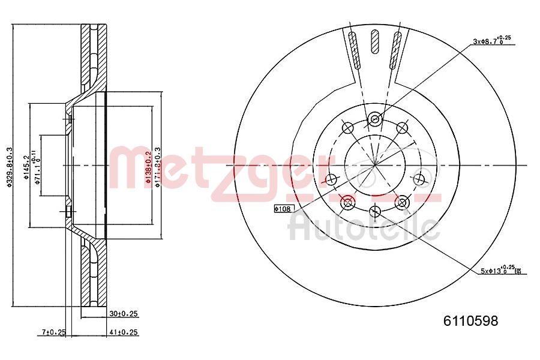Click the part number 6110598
(470, 321)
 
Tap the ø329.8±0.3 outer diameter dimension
(9, 167)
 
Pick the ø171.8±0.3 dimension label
(158, 167)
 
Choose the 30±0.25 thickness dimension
(124, 313)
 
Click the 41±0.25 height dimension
(124, 331)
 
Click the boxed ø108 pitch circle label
(282, 209)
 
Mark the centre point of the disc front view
(375, 165)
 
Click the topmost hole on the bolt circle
(375, 119)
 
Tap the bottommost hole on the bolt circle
(375, 211)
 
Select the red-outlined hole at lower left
(347, 203)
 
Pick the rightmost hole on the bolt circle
(419, 178)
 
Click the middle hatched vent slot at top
(376, 41)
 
